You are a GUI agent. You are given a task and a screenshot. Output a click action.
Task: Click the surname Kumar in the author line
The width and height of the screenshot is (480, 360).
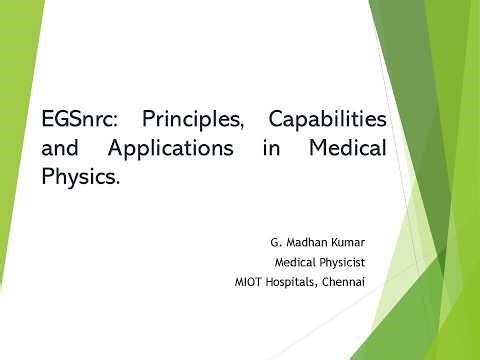point(346,243)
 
